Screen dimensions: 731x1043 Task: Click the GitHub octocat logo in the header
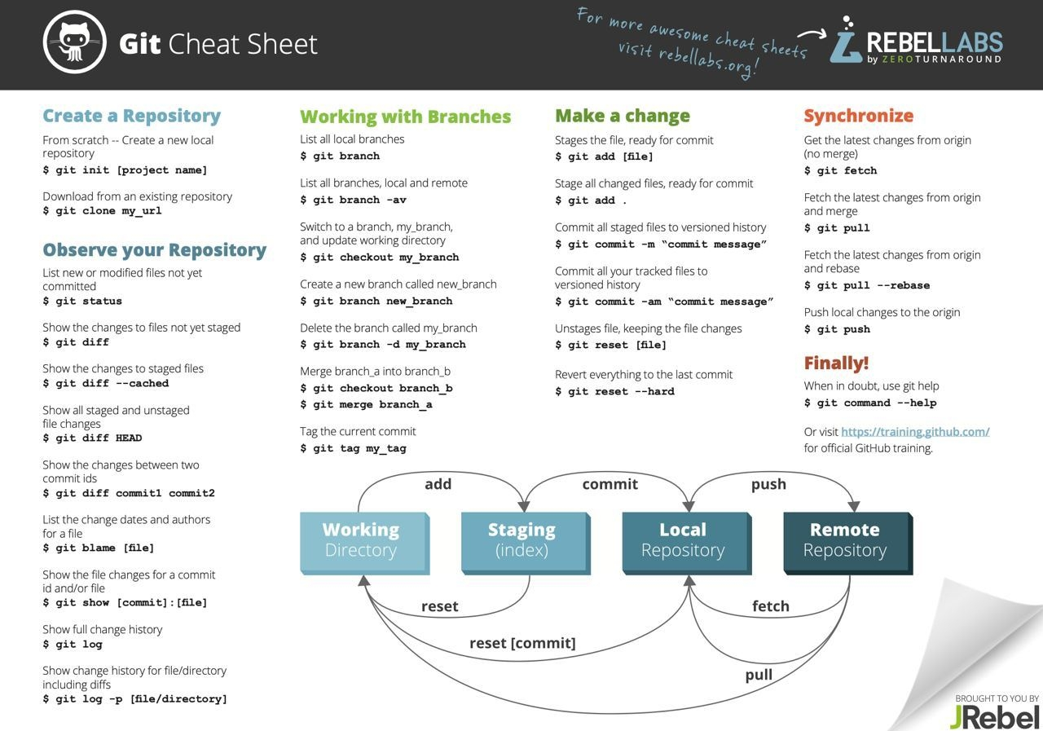tap(75, 42)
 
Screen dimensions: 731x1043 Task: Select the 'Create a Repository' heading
tap(131, 116)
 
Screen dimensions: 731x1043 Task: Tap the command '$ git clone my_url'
tap(102, 211)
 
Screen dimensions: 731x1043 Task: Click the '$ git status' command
tap(82, 302)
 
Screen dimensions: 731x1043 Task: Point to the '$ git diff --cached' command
tap(106, 384)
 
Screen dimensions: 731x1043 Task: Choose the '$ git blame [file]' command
tap(99, 548)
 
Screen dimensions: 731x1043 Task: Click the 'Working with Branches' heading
tap(405, 117)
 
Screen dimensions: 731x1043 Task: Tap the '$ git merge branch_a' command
tap(366, 405)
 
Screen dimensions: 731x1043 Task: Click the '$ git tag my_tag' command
tap(353, 449)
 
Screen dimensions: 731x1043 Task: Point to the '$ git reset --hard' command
tap(614, 392)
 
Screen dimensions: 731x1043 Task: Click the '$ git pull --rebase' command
tap(866, 286)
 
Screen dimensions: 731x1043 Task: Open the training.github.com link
tap(915, 432)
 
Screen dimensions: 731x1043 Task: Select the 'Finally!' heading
tap(836, 363)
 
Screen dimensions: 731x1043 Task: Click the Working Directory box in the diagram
tap(362, 540)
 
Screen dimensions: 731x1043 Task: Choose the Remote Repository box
tap(846, 540)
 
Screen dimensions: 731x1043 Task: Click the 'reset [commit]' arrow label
tap(522, 643)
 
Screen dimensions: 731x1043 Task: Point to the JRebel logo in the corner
tap(994, 716)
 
